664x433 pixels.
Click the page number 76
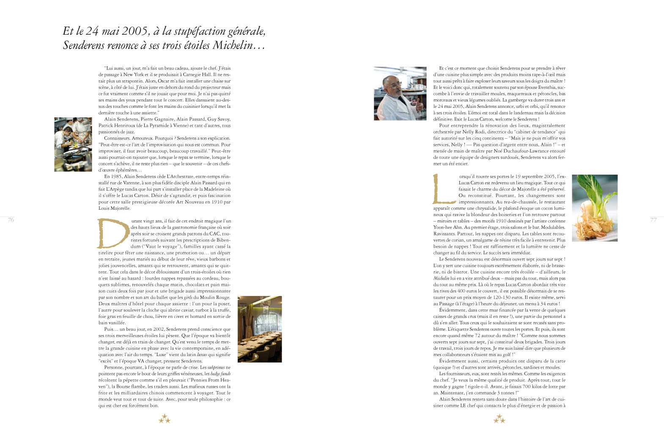tap(11, 219)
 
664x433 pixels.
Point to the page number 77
tap(653, 220)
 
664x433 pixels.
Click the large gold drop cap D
tap(112, 233)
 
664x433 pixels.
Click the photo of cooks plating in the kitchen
tap(73, 144)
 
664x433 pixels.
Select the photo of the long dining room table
tap(259, 329)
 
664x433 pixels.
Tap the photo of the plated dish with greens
tap(594, 208)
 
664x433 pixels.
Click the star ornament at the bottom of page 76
tap(165, 419)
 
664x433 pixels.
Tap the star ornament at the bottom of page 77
tap(499, 419)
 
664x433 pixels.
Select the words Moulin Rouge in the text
tap(217, 297)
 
